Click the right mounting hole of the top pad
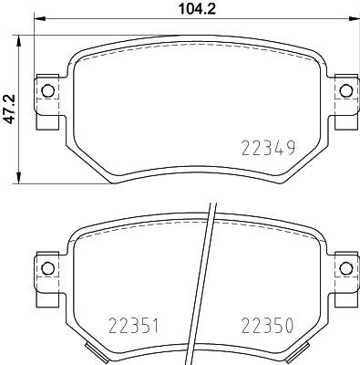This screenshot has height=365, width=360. tap(344, 90)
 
